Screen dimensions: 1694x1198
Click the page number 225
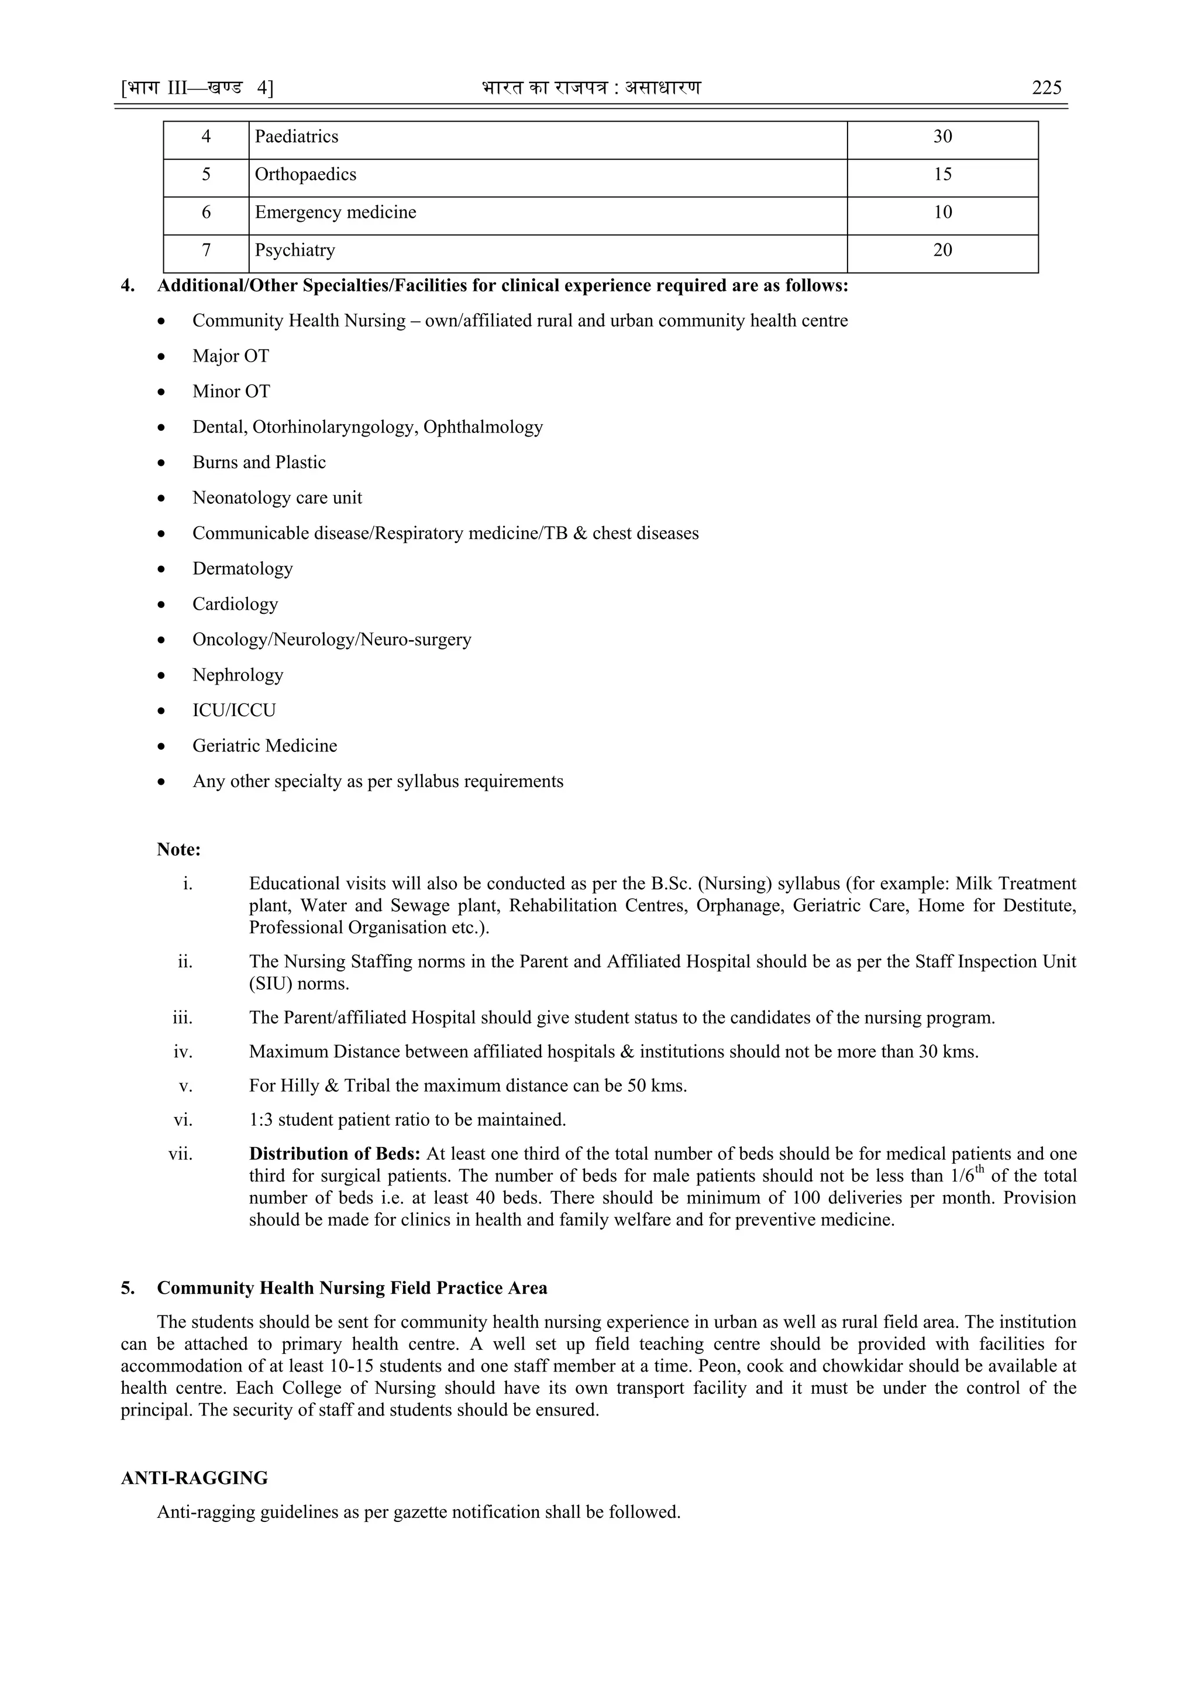coord(1046,88)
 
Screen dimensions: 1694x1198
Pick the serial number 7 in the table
coord(206,251)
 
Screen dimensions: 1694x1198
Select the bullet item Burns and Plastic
coord(259,463)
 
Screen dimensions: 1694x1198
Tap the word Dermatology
coord(243,569)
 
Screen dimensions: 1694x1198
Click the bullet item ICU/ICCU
coord(234,710)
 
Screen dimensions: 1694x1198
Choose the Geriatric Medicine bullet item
coord(265,746)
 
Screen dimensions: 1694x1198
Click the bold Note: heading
coord(178,850)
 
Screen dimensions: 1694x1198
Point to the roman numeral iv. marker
coord(183,1052)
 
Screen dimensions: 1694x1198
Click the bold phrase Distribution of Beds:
coord(334,1154)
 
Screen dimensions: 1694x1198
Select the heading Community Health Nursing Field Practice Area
coord(352,1288)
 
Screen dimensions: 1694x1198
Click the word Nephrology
coord(237,675)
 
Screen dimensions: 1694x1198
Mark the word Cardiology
coord(235,604)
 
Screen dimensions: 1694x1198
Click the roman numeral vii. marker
coord(181,1154)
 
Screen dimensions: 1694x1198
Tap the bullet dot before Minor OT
coord(161,393)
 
